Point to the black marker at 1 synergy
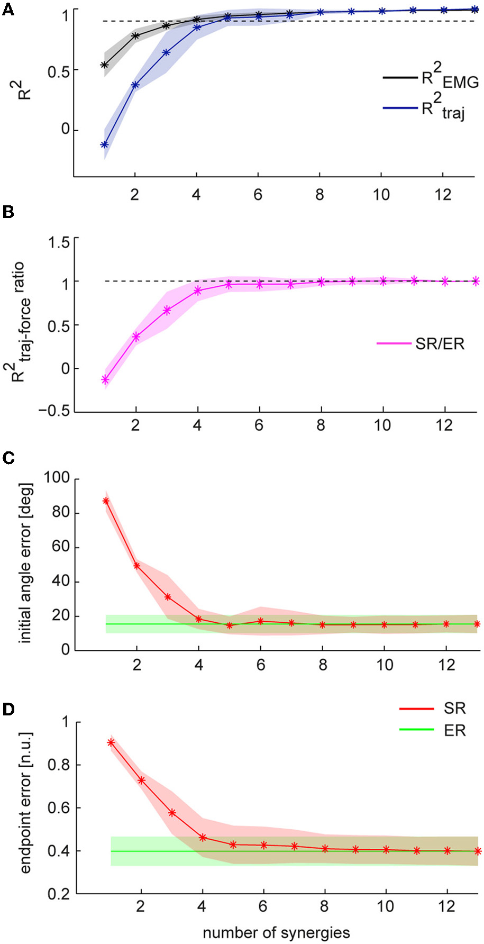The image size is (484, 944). (x=105, y=65)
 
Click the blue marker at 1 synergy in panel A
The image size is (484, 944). (x=105, y=144)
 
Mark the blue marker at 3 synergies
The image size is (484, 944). (x=166, y=52)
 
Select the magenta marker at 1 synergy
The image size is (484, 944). (x=105, y=379)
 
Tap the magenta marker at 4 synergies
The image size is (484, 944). (x=198, y=291)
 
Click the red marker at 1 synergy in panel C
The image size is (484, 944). (x=106, y=501)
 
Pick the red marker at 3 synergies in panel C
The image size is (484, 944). (x=168, y=597)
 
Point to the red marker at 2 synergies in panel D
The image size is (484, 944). (x=141, y=780)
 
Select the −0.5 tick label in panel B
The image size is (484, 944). (x=54, y=412)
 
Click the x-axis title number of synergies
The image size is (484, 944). (x=276, y=932)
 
